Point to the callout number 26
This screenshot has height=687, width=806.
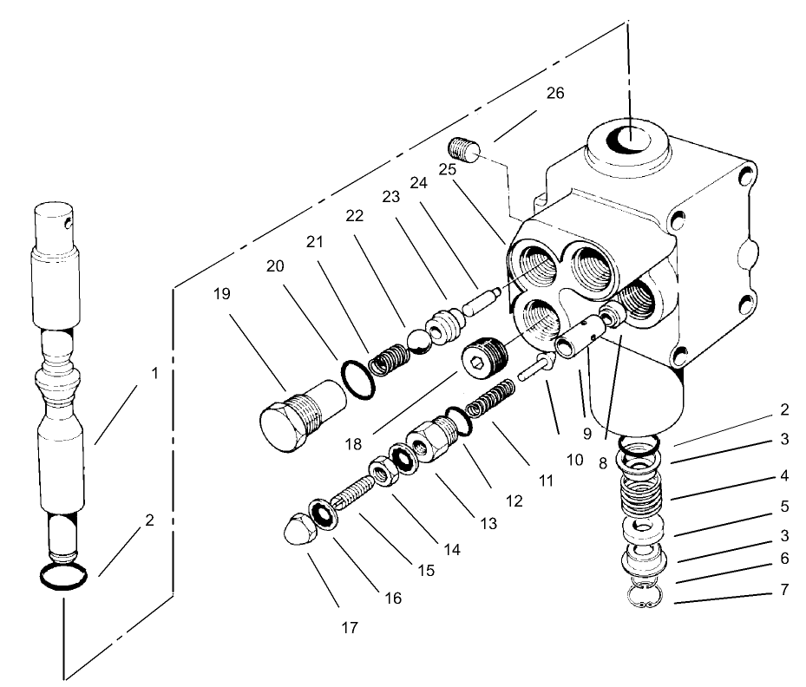[x=555, y=93]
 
